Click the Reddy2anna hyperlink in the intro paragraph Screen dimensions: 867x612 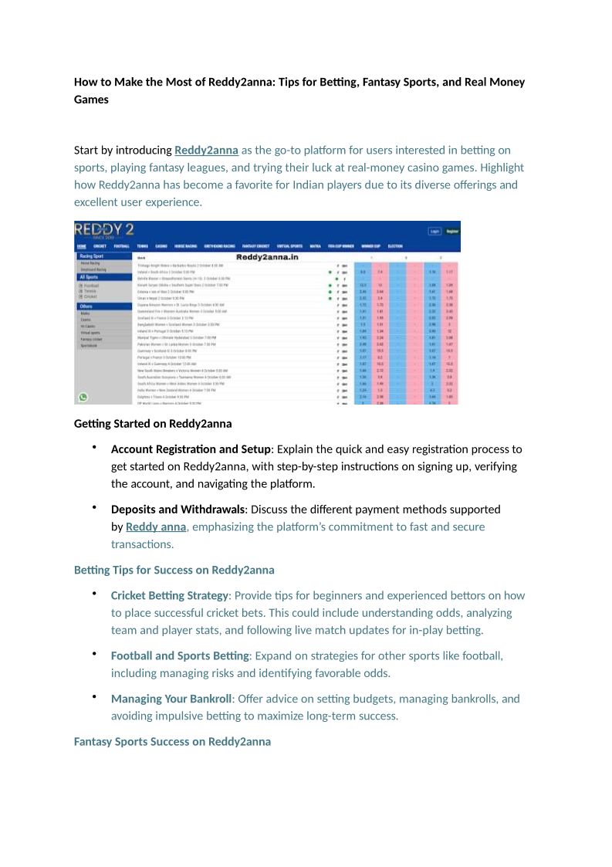(206, 150)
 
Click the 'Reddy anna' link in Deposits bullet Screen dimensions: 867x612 (156, 527)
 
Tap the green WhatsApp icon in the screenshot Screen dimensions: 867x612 (83, 398)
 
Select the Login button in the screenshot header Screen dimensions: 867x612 (434, 231)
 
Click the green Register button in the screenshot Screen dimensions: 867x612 (452, 231)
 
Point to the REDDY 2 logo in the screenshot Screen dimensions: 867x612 (104, 231)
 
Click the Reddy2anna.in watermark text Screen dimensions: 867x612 (266, 257)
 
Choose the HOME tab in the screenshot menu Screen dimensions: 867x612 (82, 246)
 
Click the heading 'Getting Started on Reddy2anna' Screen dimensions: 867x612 (153, 424)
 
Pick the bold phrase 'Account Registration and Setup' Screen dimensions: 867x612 (191, 449)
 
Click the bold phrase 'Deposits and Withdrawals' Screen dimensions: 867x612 (178, 510)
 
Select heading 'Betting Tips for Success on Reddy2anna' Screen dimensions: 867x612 (174, 571)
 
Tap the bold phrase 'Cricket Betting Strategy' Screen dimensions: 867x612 (170, 596)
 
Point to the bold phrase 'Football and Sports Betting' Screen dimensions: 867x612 (180, 655)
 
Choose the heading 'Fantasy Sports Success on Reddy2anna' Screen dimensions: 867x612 (172, 742)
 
